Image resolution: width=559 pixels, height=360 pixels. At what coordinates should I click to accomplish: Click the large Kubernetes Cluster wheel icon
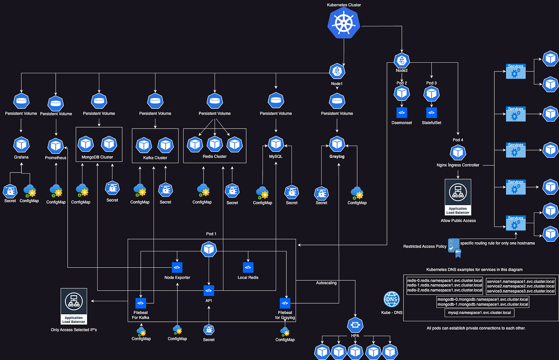[343, 23]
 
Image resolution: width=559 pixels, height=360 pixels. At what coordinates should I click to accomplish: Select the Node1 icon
[337, 71]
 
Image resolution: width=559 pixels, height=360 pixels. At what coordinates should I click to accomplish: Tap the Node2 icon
[401, 61]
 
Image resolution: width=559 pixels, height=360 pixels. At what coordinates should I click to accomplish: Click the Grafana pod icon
[21, 144]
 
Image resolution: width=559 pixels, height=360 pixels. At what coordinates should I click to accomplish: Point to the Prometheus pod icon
[56, 145]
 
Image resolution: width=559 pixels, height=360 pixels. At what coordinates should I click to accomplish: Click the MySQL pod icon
[275, 144]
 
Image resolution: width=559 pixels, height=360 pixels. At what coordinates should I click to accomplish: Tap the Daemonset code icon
[401, 112]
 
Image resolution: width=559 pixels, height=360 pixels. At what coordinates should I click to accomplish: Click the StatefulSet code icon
[431, 112]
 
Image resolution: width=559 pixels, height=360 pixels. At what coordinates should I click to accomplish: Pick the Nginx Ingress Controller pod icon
[458, 153]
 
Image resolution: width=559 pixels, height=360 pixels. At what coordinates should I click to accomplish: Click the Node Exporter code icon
[177, 267]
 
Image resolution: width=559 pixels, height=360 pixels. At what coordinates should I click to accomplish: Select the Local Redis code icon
[248, 267]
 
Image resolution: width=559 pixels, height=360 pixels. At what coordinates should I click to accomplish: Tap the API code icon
[209, 290]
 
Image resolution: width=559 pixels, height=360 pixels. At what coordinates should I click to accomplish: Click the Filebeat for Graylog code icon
[285, 303]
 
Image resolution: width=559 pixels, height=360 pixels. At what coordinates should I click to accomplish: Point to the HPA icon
[354, 325]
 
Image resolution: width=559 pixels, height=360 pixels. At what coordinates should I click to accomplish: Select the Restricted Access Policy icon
[453, 245]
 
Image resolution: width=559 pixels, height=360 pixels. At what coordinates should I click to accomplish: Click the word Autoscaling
[326, 284]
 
